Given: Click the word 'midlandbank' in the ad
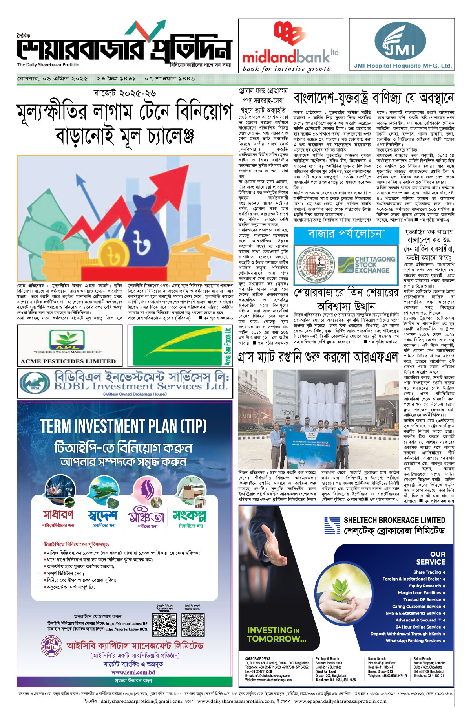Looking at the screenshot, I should (x=286, y=57).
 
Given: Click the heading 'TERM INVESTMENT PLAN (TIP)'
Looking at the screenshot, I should (x=123, y=426).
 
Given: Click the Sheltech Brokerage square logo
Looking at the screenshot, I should (x=332, y=525).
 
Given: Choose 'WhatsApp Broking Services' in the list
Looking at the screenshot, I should (x=413, y=641).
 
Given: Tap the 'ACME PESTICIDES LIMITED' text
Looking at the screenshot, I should (x=68, y=361).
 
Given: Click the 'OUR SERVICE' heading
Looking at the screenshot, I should (x=431, y=558).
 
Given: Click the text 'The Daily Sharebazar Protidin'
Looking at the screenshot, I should (x=48, y=65).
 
